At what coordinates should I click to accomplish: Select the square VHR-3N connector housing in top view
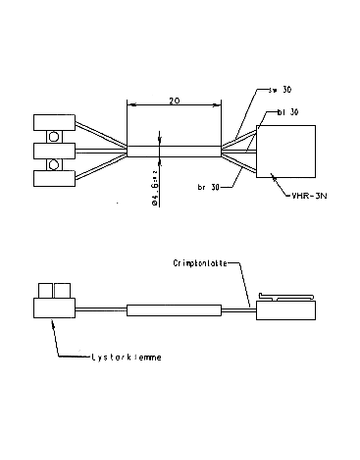287,152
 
